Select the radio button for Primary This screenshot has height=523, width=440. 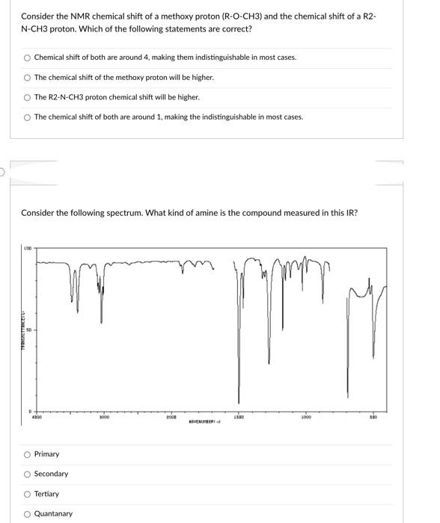tap(27, 454)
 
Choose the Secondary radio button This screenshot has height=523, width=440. tap(27, 474)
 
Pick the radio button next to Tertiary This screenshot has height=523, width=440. tap(27, 494)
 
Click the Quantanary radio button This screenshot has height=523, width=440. tap(27, 514)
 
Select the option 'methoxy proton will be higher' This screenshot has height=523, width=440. tap(27, 77)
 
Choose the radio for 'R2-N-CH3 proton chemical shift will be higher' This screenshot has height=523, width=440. tap(27, 97)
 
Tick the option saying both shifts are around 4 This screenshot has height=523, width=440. tap(27, 58)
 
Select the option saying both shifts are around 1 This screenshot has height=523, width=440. tap(27, 117)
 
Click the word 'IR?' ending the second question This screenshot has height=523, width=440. tap(351, 213)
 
